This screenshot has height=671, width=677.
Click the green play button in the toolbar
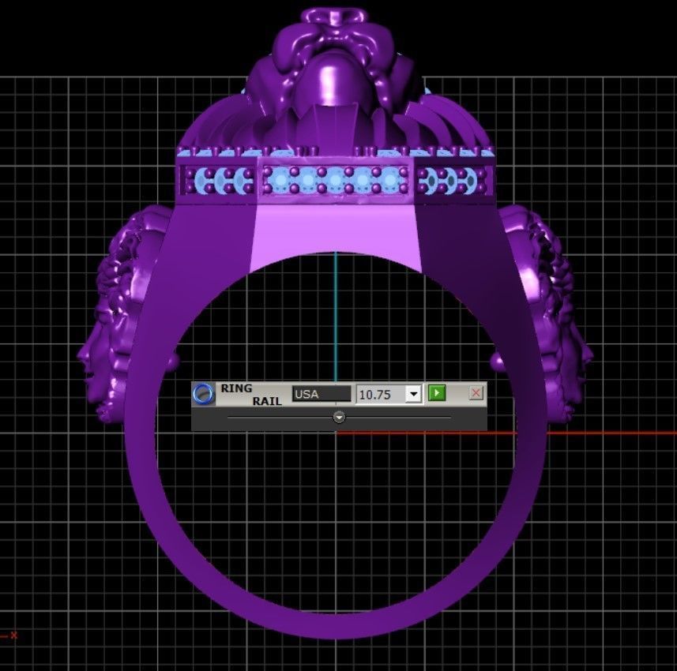pos(436,393)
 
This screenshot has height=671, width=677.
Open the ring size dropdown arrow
pos(413,394)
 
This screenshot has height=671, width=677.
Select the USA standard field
pos(321,394)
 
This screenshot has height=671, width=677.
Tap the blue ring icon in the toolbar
pos(204,394)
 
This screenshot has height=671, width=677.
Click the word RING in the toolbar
pos(236,388)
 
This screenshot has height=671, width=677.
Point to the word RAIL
pos(266,401)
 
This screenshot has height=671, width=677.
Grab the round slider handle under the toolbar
pos(339,417)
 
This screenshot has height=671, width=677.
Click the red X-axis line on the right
pos(592,432)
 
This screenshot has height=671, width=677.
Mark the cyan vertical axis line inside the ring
pos(336,316)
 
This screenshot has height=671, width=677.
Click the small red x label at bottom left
pos(13,635)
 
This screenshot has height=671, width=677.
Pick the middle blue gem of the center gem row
pos(336,181)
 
